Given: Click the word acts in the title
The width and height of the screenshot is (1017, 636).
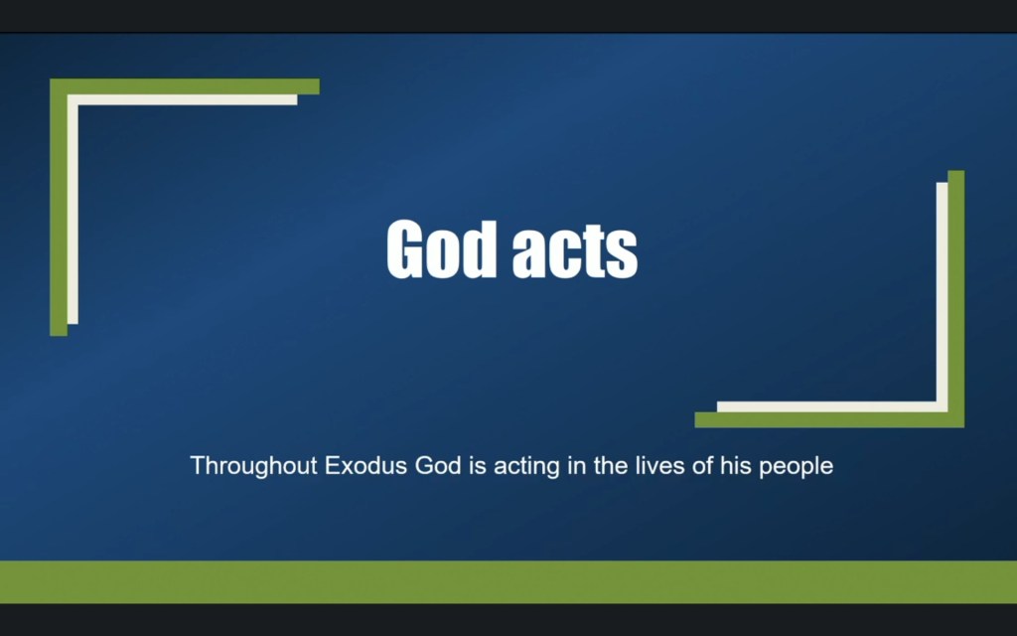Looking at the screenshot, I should pyautogui.click(x=574, y=251).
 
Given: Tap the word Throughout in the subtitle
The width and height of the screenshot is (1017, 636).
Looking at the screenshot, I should pyautogui.click(x=254, y=465).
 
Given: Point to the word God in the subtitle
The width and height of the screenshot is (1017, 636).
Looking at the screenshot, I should pyautogui.click(x=438, y=465).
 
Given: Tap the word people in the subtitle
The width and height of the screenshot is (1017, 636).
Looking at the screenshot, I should pyautogui.click(x=796, y=466).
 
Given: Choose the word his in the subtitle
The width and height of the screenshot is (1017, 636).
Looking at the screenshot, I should pyautogui.click(x=736, y=465).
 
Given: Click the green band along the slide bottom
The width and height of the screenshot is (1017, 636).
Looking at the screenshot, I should pyautogui.click(x=508, y=581).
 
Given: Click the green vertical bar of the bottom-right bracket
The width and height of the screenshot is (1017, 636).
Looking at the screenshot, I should pyautogui.click(x=955, y=298).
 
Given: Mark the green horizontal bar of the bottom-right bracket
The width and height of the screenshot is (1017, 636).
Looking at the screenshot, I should pyautogui.click(x=829, y=419).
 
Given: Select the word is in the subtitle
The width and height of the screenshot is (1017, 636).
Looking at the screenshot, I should pyautogui.click(x=477, y=465).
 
